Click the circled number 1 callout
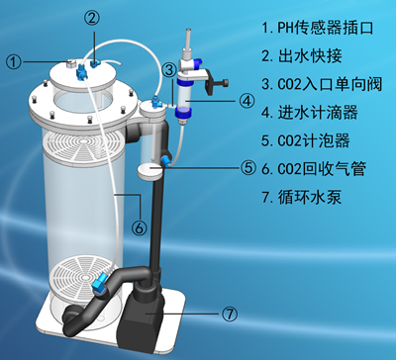[x=14, y=61]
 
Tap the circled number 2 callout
[x=92, y=18]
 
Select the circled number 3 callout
[x=170, y=69]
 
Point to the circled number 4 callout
[x=247, y=101]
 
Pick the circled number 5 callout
[x=248, y=168]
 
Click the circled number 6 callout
[x=140, y=227]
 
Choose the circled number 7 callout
[x=229, y=315]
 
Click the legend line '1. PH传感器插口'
[x=318, y=28]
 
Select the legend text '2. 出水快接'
[x=302, y=56]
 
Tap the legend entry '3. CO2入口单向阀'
[x=322, y=84]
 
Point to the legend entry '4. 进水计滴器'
[x=310, y=113]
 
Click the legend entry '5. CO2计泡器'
[x=306, y=140]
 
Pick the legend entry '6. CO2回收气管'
[x=314, y=169]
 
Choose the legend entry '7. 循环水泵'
[x=302, y=197]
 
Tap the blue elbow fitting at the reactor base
[x=99, y=284]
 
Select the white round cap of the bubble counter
[x=149, y=170]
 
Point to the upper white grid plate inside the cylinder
[x=83, y=147]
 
